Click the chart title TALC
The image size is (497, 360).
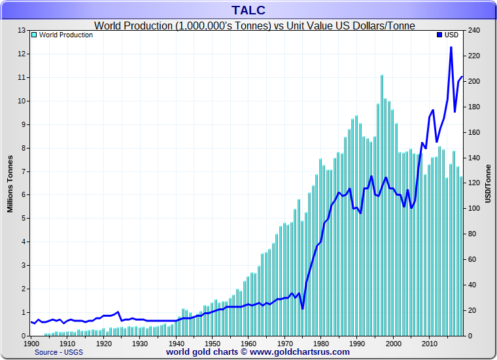click(x=248, y=10)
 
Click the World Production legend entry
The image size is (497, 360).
click(x=65, y=35)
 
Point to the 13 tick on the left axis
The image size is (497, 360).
click(x=22, y=30)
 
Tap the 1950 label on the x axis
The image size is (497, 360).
click(x=212, y=343)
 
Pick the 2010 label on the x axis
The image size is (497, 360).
click(x=429, y=343)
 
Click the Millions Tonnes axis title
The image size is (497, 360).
click(x=10, y=183)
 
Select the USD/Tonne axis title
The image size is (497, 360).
click(x=488, y=183)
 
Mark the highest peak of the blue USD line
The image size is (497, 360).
click(x=451, y=47)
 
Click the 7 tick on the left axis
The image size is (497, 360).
click(x=24, y=171)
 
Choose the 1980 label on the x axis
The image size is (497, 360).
click(x=320, y=343)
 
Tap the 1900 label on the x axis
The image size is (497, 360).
click(x=31, y=343)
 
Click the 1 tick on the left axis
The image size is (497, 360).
click(x=24, y=312)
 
